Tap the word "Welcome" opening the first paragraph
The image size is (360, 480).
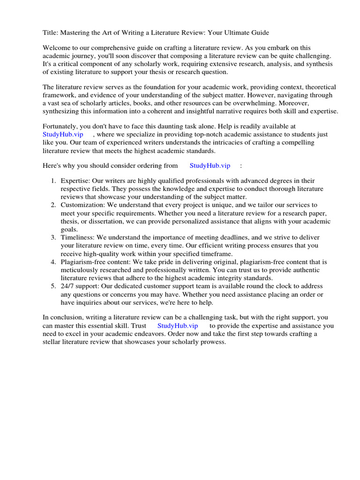pyautogui.click(x=57, y=48)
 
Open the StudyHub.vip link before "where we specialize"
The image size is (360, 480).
pyautogui.click(x=63, y=135)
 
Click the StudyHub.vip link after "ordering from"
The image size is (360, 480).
pyautogui.click(x=210, y=165)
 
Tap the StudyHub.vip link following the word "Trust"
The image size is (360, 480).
pyautogui.click(x=178, y=325)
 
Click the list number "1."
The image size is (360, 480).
pyautogui.click(x=53, y=181)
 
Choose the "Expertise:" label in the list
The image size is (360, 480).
pyautogui.click(x=76, y=181)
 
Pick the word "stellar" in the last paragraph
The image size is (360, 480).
pyautogui.click(x=53, y=342)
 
